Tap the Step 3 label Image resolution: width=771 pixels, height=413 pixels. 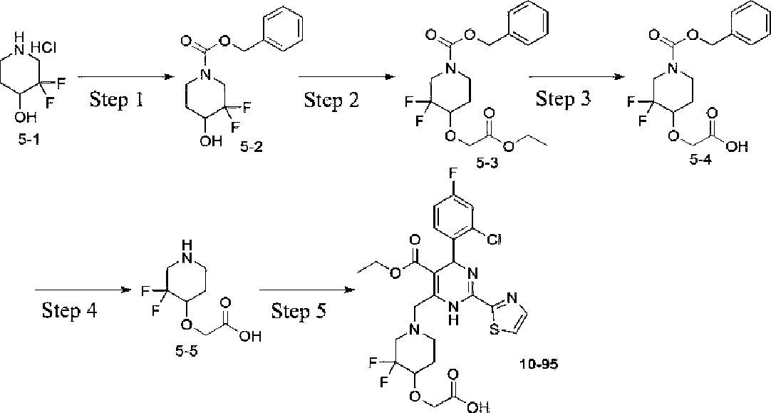563,98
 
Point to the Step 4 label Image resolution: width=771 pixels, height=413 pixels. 69,310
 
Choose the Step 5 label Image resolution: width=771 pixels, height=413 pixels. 299,311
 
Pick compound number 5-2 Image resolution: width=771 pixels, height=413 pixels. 252,146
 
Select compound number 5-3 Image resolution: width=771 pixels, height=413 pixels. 487,163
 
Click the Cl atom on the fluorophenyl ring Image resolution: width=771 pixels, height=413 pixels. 494,240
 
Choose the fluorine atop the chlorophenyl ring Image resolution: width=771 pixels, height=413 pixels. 453,187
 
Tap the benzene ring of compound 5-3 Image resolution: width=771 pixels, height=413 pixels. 529,24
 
